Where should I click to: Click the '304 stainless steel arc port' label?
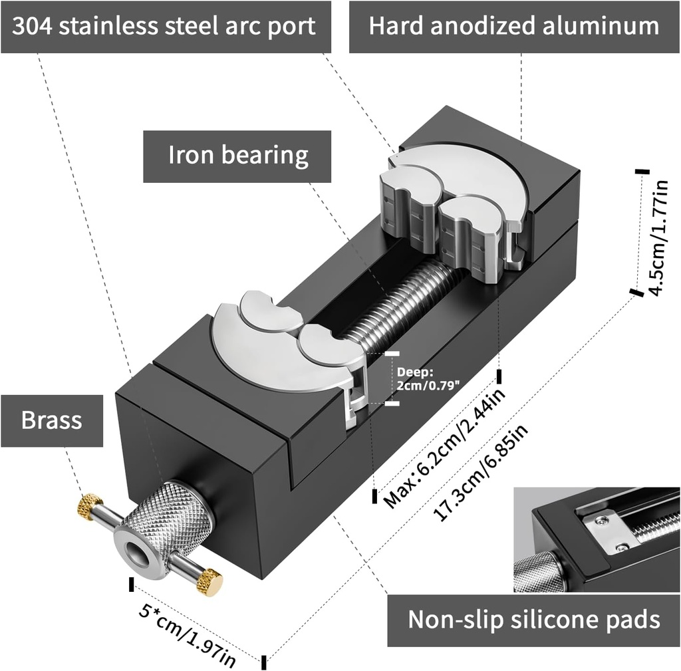[x=166, y=27]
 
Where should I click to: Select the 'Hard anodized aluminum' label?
[x=514, y=27]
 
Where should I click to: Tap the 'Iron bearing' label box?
[x=237, y=156]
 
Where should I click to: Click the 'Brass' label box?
[x=52, y=421]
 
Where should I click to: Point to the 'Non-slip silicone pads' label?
[x=533, y=620]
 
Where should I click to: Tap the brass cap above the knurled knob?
[x=89, y=506]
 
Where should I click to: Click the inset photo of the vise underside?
[x=597, y=539]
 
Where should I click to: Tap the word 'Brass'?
[x=52, y=421]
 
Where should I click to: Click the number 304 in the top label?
[x=35, y=27]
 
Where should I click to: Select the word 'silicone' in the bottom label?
[x=548, y=620]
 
